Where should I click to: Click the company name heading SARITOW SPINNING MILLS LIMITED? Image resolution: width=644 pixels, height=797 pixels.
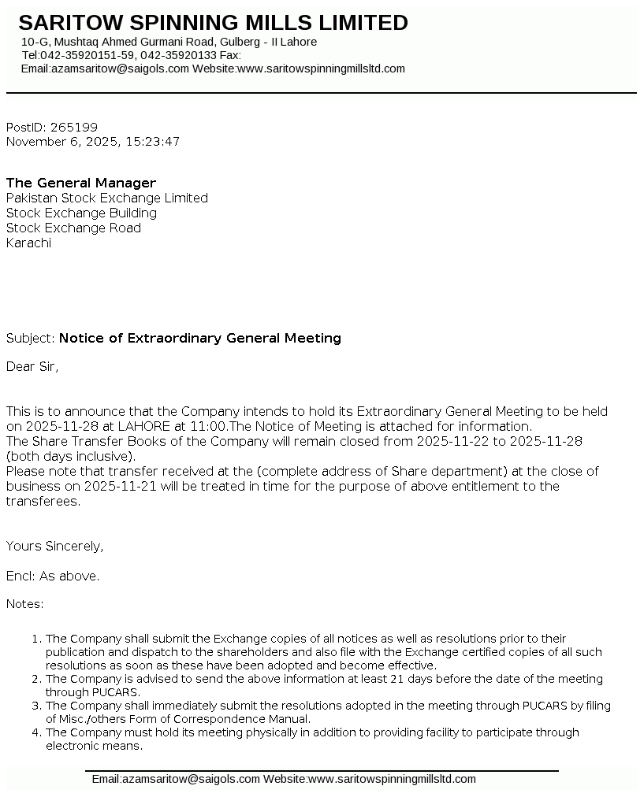click(213, 23)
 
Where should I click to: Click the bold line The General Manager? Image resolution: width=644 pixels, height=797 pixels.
click(81, 183)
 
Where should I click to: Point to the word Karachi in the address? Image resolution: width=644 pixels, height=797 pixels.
click(28, 243)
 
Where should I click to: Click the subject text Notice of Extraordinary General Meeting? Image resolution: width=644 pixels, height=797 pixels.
click(200, 338)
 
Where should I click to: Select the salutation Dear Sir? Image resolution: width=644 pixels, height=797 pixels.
click(32, 366)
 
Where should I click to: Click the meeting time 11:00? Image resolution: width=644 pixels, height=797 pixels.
click(207, 426)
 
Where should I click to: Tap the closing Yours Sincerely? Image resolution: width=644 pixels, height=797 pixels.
click(55, 546)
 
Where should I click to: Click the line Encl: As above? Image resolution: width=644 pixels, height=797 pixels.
click(53, 576)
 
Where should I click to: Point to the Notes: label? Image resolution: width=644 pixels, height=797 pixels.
click(25, 603)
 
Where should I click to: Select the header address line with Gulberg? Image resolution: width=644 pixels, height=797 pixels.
click(169, 42)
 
